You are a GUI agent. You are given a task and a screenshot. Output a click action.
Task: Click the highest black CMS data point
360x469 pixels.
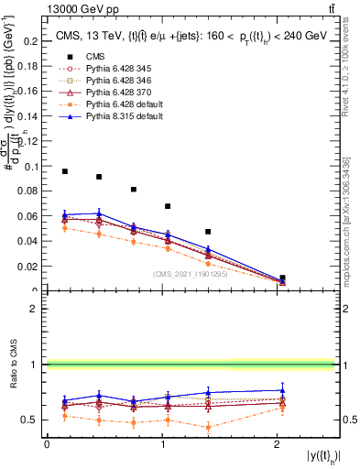tap(65, 171)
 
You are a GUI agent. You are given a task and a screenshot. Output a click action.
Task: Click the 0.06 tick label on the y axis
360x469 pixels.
tap(29, 217)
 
